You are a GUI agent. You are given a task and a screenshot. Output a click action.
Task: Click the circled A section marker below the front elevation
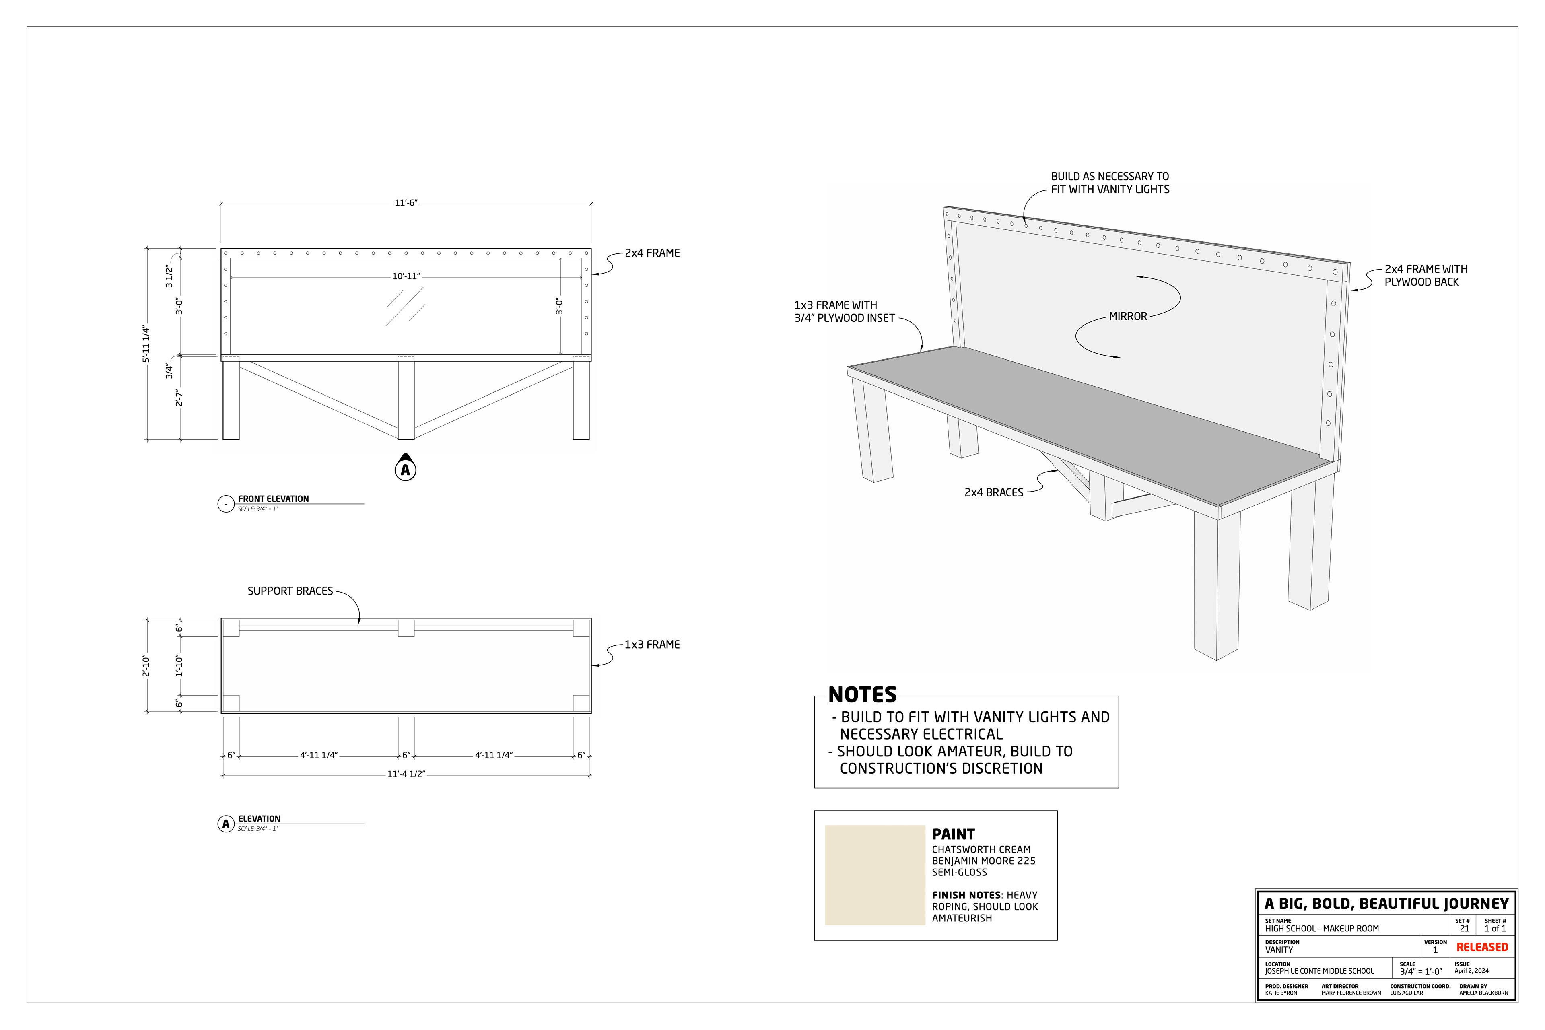click(405, 470)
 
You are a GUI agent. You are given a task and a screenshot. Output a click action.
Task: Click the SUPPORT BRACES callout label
click(290, 591)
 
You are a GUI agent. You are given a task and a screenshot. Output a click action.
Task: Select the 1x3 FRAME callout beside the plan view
click(652, 645)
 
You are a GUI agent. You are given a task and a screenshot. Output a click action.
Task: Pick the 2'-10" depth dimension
click(146, 665)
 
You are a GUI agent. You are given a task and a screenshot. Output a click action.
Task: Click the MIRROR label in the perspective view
click(1128, 317)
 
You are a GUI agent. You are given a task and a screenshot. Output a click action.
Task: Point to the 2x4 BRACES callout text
click(993, 492)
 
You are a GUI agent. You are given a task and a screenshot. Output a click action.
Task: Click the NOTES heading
click(862, 695)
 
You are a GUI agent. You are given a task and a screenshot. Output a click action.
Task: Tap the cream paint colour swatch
click(874, 875)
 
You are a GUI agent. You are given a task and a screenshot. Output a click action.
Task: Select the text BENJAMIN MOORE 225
click(983, 861)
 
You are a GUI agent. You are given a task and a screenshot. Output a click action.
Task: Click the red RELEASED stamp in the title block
click(1482, 947)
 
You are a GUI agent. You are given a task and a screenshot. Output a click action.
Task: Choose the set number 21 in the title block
click(1464, 929)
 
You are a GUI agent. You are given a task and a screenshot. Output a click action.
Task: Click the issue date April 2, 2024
click(1471, 971)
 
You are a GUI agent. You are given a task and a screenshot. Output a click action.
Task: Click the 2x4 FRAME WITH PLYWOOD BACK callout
click(1426, 276)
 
